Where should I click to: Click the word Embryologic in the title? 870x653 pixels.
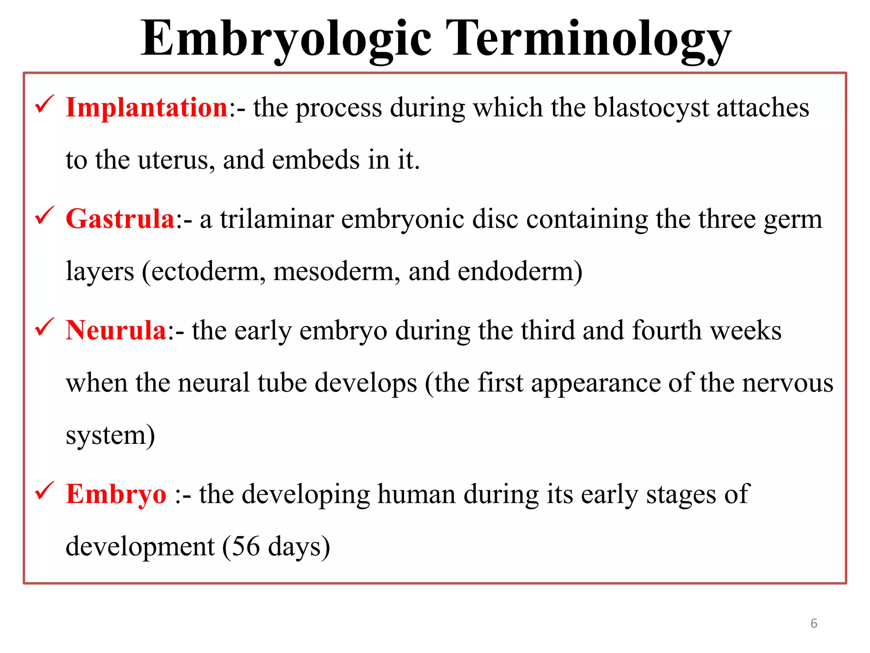[x=285, y=39]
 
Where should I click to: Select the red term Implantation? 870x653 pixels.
[x=147, y=107]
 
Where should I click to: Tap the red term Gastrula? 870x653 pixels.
[x=120, y=219]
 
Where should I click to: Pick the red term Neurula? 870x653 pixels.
[x=116, y=330]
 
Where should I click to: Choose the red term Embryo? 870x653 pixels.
[x=116, y=494]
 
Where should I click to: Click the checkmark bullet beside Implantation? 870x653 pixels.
[x=44, y=104]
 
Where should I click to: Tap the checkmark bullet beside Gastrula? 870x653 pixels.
[x=44, y=216]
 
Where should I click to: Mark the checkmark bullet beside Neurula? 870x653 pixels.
[x=44, y=327]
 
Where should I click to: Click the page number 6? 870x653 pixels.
[x=814, y=623]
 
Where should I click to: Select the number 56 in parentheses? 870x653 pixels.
[x=246, y=547]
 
